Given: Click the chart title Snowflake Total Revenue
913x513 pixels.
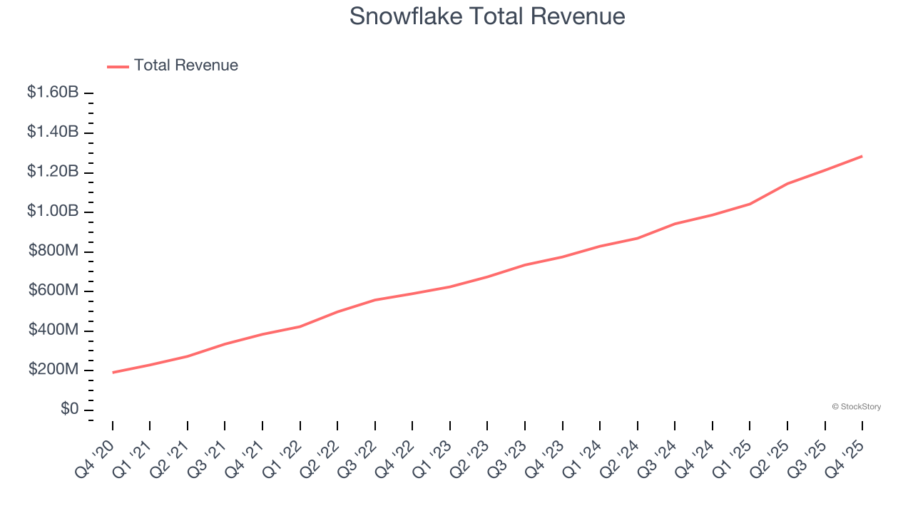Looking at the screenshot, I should (x=487, y=16).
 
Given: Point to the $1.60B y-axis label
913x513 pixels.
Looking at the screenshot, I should (x=53, y=93).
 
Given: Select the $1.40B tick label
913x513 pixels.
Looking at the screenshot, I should (x=53, y=132).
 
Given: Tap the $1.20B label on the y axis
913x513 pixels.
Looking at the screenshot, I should (x=53, y=172).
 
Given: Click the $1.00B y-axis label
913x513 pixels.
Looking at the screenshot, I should (x=53, y=212).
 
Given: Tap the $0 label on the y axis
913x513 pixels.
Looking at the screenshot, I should (x=70, y=410).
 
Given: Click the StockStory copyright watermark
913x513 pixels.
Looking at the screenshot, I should (x=856, y=407).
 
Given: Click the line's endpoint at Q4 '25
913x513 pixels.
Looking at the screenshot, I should (x=862, y=156).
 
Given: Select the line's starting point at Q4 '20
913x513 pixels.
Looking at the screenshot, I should (x=113, y=373).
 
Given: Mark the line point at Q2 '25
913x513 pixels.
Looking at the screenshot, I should (x=787, y=184).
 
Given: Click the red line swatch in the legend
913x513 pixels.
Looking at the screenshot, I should (x=118, y=66).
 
